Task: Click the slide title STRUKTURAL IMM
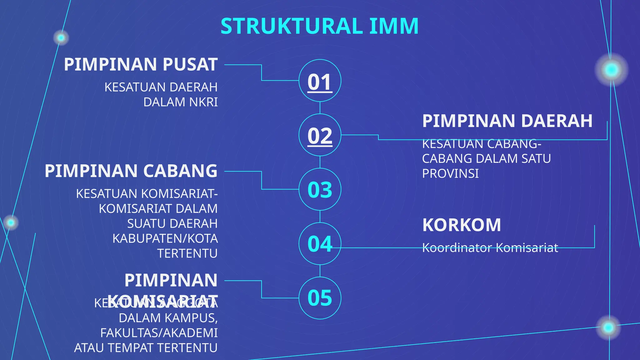tap(319, 26)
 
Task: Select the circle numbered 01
tap(320, 81)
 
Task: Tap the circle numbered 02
tap(320, 135)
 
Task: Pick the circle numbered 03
tap(320, 189)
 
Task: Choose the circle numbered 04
tap(320, 244)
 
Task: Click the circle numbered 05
tap(320, 298)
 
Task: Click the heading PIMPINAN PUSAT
tap(141, 64)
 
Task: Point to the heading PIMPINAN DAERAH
tap(507, 121)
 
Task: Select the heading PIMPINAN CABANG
tap(131, 171)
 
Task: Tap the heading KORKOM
tap(462, 225)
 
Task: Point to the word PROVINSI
tap(450, 174)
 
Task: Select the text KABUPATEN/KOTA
tap(165, 238)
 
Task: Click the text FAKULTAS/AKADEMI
tap(159, 333)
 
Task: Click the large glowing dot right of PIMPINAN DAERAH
tap(611, 69)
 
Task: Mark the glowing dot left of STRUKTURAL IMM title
tap(61, 38)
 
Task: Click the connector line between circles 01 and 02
tap(320, 108)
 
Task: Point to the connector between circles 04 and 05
tap(320, 271)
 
